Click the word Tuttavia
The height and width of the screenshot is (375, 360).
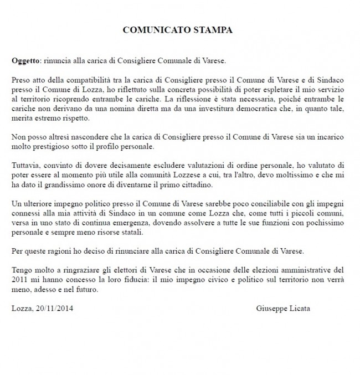(x=25, y=165)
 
